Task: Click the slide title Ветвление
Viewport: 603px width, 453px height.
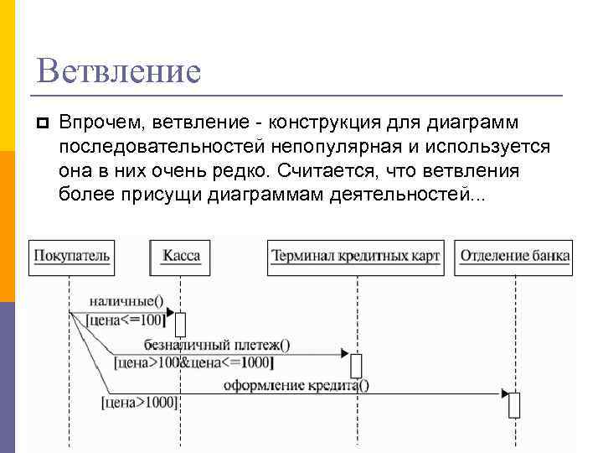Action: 119,70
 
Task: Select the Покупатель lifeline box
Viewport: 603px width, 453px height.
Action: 71,256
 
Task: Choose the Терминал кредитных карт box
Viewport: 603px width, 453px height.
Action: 355,256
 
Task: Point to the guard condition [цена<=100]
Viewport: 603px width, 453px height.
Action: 126,319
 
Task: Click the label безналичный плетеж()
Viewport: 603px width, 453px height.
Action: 217,344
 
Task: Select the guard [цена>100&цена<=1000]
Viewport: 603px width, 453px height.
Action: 193,362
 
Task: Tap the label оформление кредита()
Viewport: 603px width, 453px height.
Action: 296,385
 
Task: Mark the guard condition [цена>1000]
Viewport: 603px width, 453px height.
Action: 139,403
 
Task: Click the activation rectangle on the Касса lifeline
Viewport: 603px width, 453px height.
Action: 180,324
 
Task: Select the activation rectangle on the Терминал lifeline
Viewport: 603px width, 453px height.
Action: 356,365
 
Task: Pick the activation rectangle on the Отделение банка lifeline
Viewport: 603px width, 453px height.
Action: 514,404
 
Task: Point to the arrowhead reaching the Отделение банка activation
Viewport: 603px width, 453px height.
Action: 505,393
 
